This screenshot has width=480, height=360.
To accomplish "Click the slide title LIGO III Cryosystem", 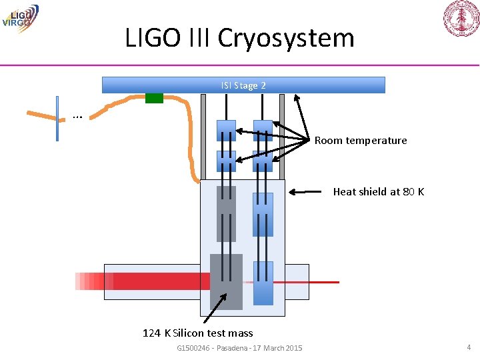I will click(239, 37).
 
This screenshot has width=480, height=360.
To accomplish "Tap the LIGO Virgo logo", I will click(20, 18).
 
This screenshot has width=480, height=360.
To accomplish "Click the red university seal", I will click(461, 19).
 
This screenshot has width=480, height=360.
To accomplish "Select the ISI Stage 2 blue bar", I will click(243, 85).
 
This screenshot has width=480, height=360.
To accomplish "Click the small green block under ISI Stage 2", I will click(154, 98).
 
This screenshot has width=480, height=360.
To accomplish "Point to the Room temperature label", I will click(360, 141).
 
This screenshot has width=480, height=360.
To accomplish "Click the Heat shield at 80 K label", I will click(378, 192).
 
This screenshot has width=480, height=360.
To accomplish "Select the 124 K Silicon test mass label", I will click(197, 333).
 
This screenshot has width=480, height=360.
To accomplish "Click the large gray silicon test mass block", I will click(226, 281).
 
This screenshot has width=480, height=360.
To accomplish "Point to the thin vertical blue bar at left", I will click(57, 119).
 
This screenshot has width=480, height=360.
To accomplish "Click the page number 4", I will click(469, 347).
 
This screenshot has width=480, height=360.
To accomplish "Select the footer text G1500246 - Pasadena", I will click(239, 348).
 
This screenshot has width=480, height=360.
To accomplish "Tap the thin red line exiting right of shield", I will click(323, 282).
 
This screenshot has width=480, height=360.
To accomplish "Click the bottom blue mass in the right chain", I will click(263, 283).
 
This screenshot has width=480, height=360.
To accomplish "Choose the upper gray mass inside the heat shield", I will click(226, 213).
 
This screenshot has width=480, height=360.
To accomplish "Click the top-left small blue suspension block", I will click(226, 131).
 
